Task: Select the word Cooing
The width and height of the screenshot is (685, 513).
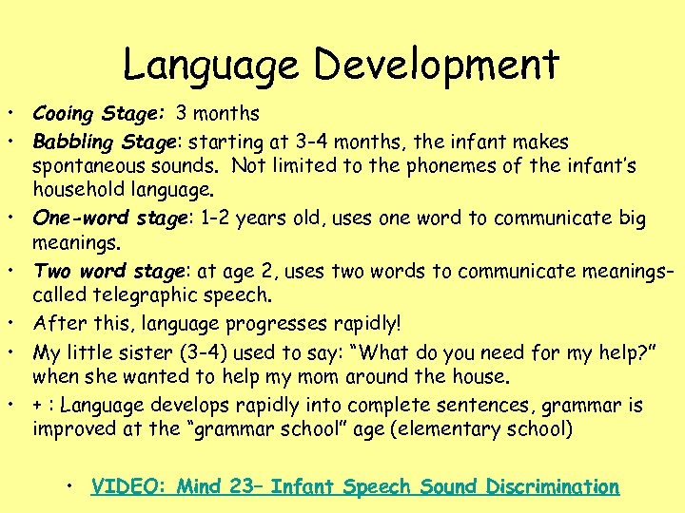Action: pos(62,114)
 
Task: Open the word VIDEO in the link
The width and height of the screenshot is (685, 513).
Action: pos(127,487)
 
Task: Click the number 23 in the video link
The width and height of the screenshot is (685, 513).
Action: pos(242,487)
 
